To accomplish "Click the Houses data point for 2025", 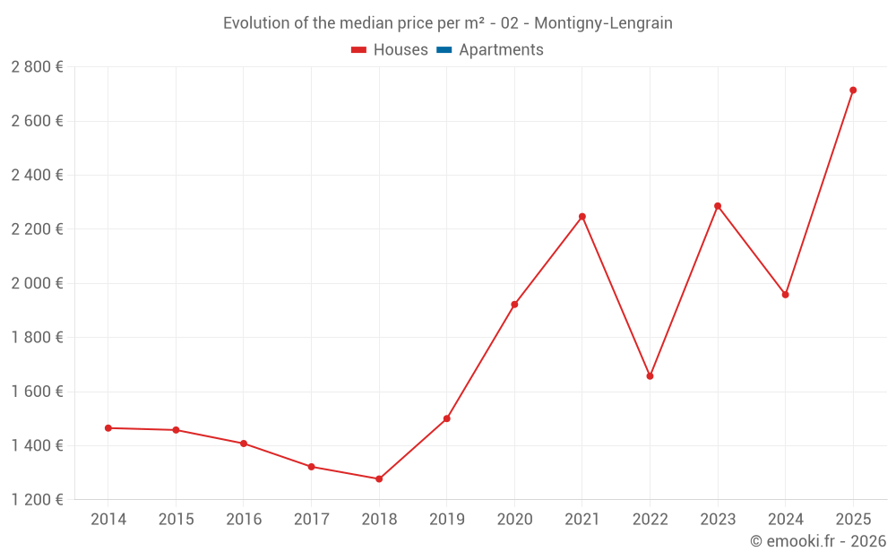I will [853, 90].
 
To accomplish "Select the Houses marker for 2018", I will [379, 479].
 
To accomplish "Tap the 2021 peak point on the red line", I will [582, 217].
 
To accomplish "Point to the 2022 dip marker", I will [650, 376].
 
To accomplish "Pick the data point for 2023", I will [718, 206].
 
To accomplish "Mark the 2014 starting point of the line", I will [108, 428].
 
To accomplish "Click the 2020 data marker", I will [514, 305].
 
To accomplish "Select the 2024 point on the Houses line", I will [786, 295].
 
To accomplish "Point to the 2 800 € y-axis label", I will [37, 67].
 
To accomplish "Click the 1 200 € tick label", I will [37, 500].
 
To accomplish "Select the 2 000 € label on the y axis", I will [37, 283].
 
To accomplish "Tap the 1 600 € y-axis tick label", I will [37, 392].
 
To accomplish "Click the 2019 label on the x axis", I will [446, 520].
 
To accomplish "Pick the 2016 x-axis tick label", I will [244, 520].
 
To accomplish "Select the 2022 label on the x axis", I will [650, 520].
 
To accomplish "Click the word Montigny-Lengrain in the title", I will [603, 23].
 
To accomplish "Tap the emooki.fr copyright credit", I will [817, 541].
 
